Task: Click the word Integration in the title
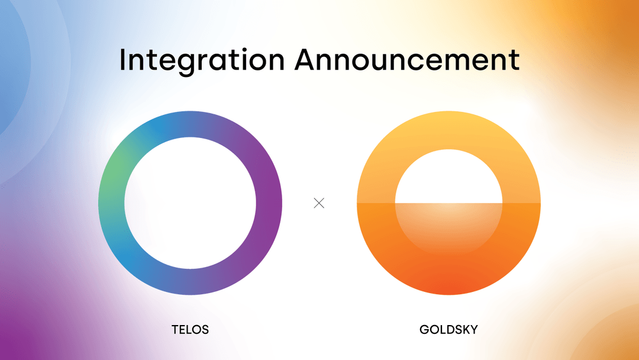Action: [x=202, y=60]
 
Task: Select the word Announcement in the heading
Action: [x=407, y=60]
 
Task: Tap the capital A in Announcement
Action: [x=308, y=60]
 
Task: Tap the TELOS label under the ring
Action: [x=190, y=330]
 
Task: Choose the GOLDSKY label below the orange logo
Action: [x=448, y=330]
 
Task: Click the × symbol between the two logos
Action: [x=319, y=203]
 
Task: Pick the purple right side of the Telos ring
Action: [x=269, y=201]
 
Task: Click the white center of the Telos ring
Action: [x=190, y=202]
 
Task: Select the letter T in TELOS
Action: [x=175, y=330]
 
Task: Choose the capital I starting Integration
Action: [x=122, y=60]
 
